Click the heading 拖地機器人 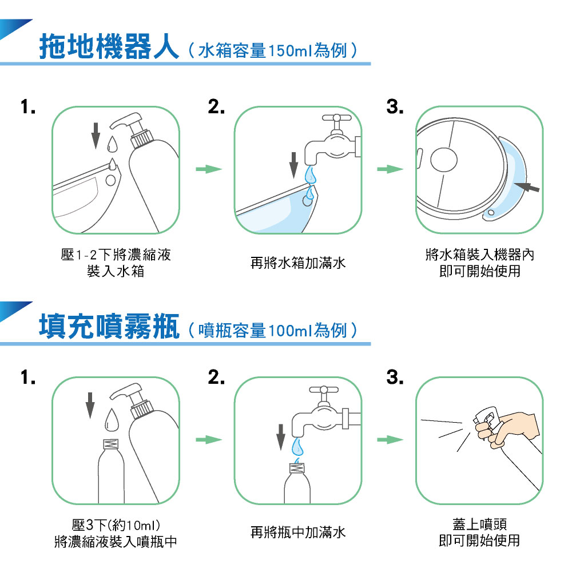pos(109,46)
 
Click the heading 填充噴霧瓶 pos(109,326)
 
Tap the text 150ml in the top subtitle pos(291,50)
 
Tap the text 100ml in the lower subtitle pos(291,331)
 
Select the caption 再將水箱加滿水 pos(297,263)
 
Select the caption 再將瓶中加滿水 pos(297,532)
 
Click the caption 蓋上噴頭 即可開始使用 pos(479,532)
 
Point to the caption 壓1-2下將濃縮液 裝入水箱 pos(116,263)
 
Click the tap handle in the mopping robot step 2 pos(336,118)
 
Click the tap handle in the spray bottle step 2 pos(324,390)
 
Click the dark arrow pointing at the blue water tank pos(527,187)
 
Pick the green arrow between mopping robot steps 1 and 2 pos(209,169)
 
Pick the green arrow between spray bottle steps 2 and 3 pos(390,439)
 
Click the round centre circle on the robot pos(444,160)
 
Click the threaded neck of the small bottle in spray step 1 pos(111,444)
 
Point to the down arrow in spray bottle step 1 pos(90,405)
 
